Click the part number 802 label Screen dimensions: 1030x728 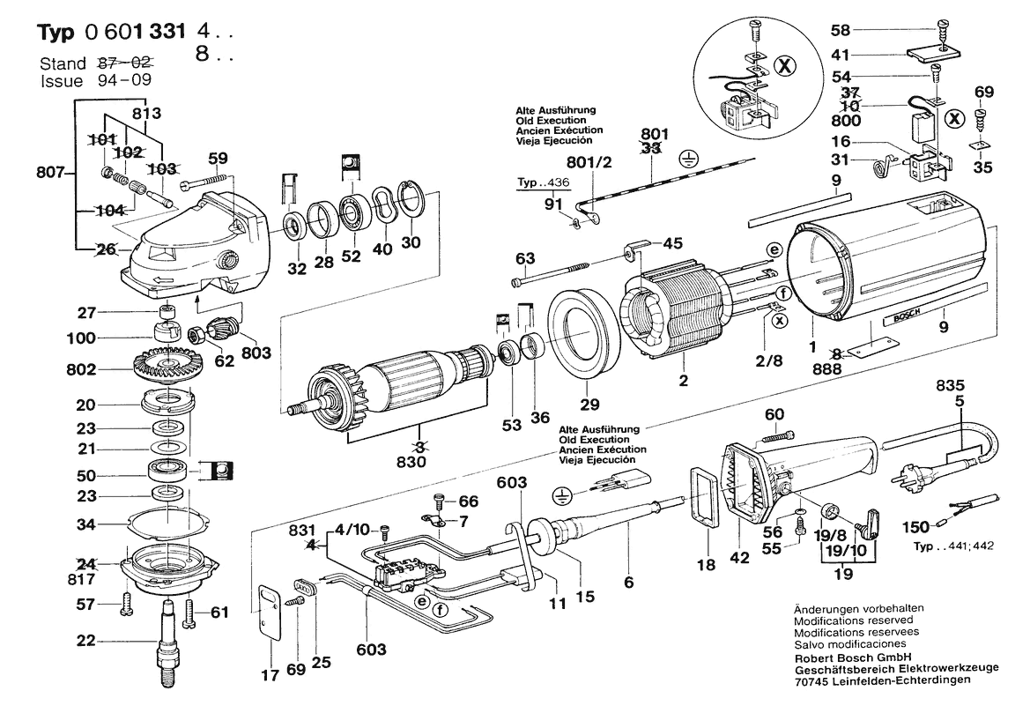81,370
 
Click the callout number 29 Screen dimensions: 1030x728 589,405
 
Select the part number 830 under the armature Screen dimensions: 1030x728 411,462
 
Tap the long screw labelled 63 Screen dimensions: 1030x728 559,274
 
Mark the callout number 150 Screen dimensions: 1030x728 915,526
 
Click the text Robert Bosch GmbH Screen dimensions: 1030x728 853,657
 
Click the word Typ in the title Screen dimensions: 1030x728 56,33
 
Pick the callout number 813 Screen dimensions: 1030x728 146,113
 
